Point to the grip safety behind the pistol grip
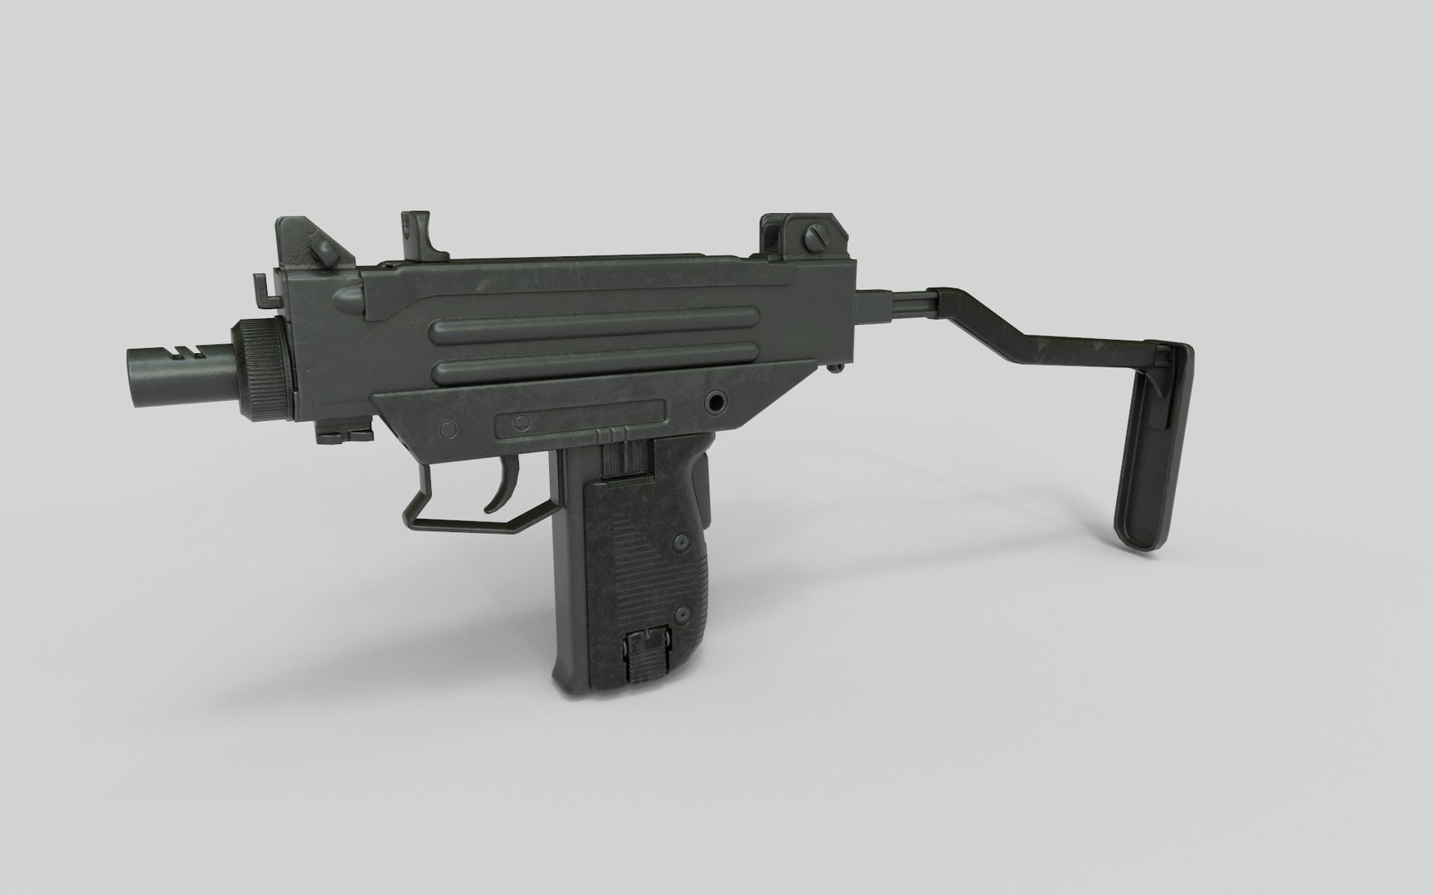pyautogui.click(x=704, y=489)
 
